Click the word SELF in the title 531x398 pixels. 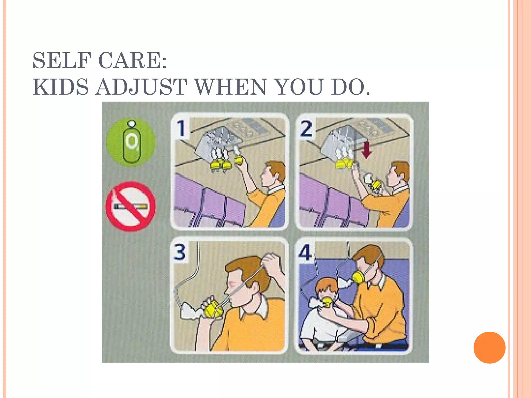coord(62,61)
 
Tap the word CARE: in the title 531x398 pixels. coord(133,61)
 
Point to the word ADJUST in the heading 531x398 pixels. coord(141,87)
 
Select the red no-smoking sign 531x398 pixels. coord(130,206)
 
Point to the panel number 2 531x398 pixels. coord(306,129)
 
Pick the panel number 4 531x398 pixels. coord(305,252)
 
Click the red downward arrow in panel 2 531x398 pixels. coord(366,150)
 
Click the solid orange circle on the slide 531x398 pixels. coord(489,347)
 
